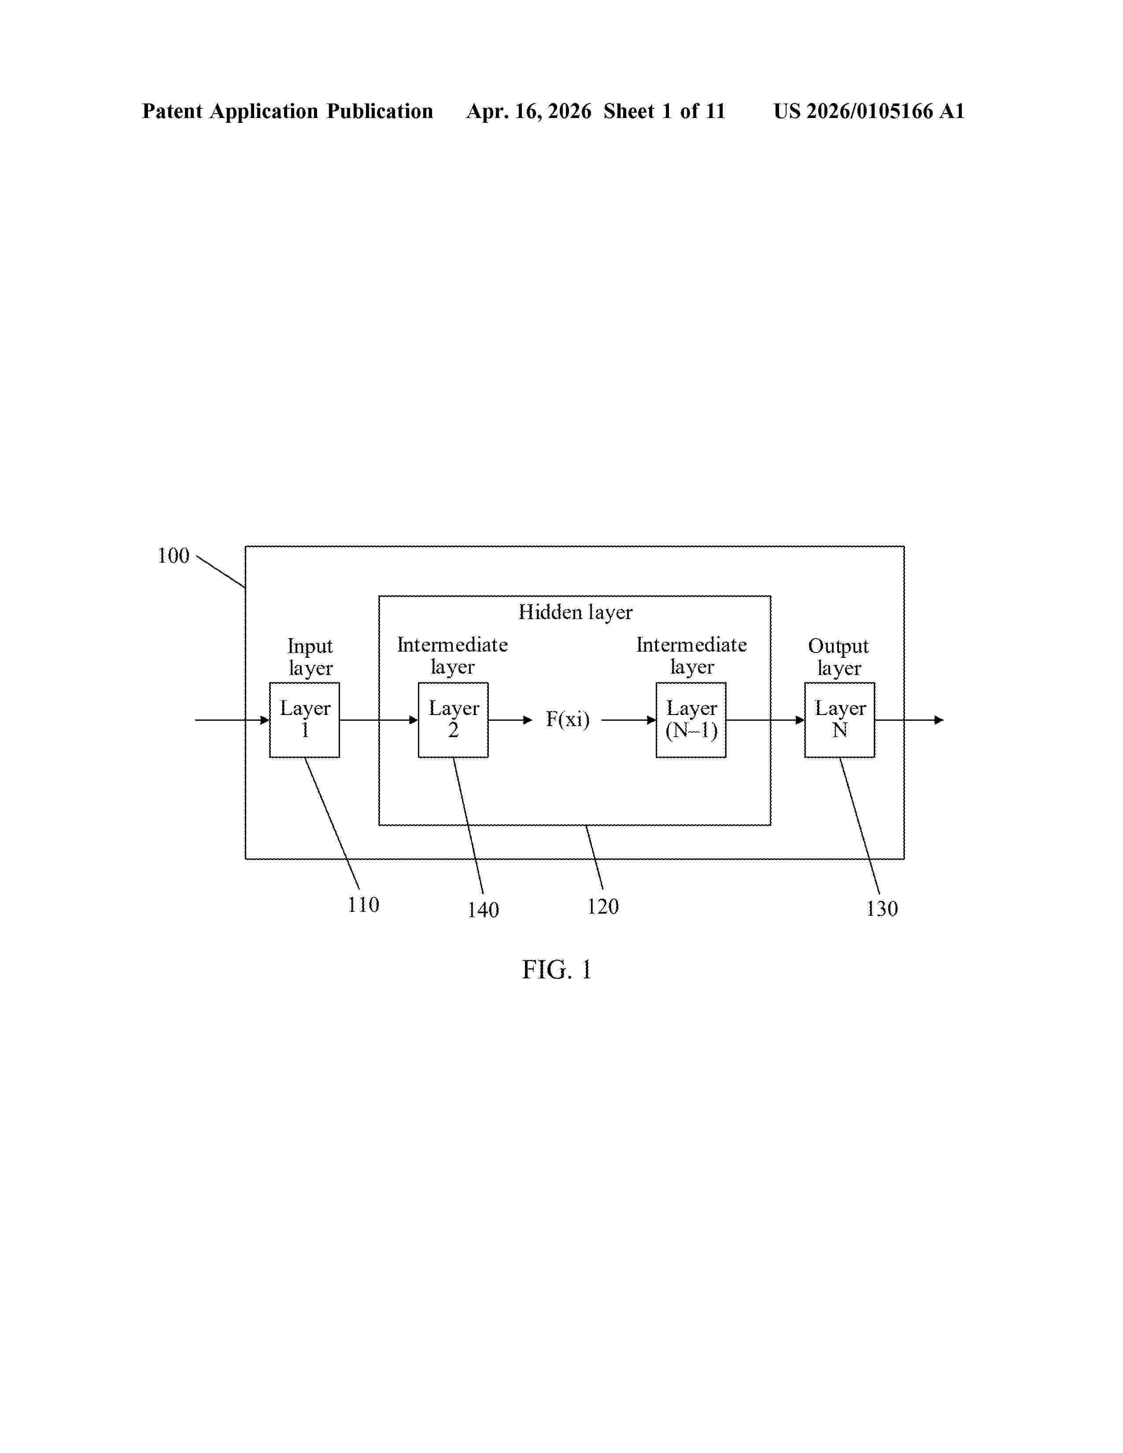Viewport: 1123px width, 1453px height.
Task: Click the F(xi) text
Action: click(x=568, y=719)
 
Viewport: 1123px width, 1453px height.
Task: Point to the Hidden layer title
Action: click(x=576, y=612)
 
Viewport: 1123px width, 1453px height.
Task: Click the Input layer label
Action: click(x=310, y=656)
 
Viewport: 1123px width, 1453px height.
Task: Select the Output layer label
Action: click(x=839, y=656)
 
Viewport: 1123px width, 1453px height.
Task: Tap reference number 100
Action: click(x=173, y=556)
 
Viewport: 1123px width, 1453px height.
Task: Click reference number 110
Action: click(x=363, y=905)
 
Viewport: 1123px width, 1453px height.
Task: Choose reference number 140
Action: click(x=483, y=910)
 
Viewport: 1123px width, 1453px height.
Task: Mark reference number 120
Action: click(x=603, y=906)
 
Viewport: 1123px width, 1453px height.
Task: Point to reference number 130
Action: click(x=882, y=909)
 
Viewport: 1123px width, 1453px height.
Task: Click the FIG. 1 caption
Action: click(x=557, y=970)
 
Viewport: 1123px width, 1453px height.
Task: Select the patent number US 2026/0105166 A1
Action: click(x=869, y=111)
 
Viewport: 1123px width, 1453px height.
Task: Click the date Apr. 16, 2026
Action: click(x=529, y=111)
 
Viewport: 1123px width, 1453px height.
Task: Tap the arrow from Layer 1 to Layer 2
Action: click(x=379, y=720)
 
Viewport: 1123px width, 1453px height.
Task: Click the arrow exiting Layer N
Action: click(x=909, y=720)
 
